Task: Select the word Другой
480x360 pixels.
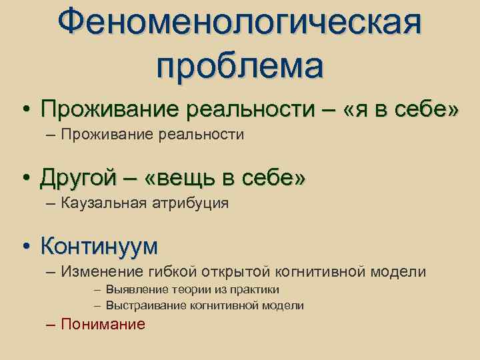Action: point(77,178)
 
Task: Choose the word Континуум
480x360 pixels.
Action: point(99,246)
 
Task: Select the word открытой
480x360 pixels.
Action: point(237,271)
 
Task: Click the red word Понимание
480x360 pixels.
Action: point(103,325)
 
